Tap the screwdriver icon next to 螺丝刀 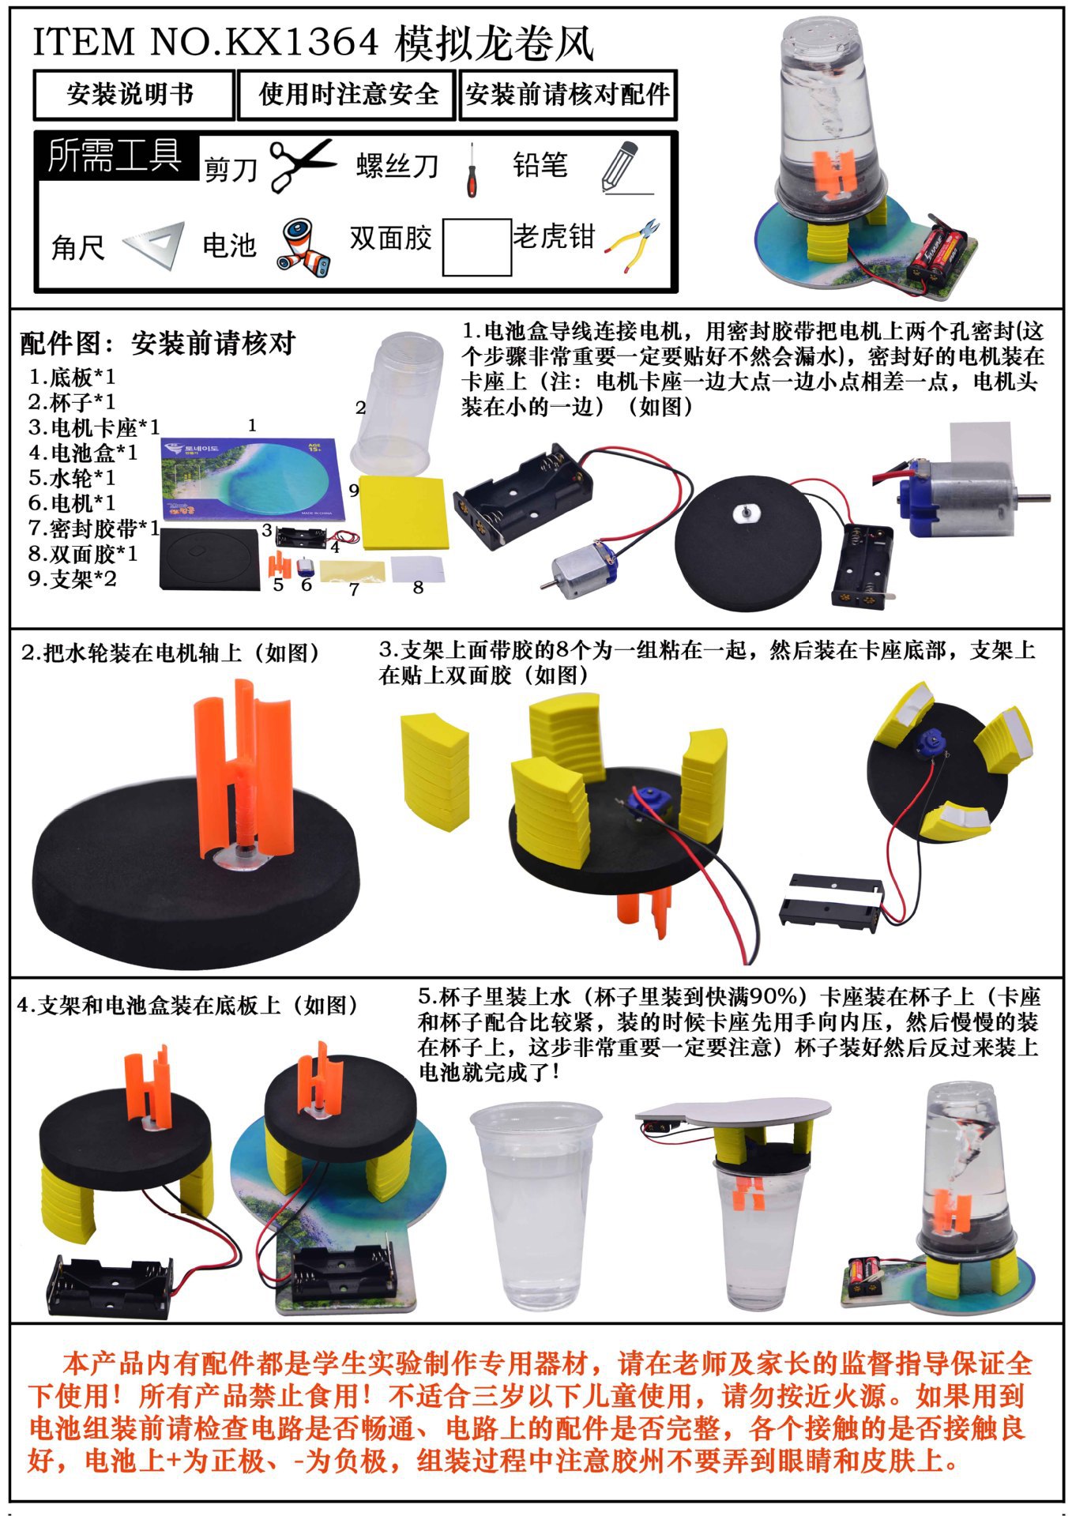(472, 169)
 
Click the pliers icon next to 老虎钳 (632, 245)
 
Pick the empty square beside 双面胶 (476, 247)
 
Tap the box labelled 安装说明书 (134, 95)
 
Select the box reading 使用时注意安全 (348, 95)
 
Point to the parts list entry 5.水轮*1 (71, 478)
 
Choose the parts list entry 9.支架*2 (72, 579)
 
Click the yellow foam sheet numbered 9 (404, 513)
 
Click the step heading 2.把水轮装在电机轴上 (172, 653)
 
